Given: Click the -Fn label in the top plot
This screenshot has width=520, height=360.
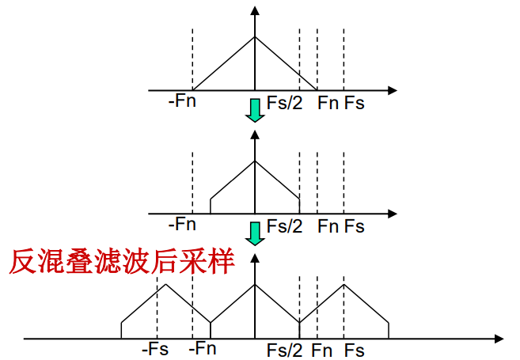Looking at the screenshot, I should (182, 102).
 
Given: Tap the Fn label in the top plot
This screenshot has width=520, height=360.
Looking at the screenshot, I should (327, 103).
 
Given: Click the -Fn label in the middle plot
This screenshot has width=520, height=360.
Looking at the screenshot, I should (182, 225).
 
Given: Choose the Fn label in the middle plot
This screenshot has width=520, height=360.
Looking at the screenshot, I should (327, 226).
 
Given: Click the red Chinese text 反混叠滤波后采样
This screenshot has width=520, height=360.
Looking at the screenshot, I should (123, 261).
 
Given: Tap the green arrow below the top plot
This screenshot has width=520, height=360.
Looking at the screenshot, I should (254, 110).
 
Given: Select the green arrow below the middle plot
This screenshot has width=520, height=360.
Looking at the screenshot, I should (254, 233).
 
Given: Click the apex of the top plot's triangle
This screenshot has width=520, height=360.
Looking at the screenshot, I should (254, 36).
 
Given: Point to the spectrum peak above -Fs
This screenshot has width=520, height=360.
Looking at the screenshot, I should (165, 284).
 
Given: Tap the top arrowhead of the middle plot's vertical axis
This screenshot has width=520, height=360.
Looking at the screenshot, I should (254, 135).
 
